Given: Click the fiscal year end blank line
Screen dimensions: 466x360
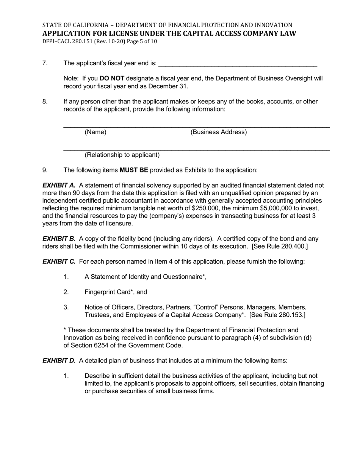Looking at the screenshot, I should pyautogui.click(x=238, y=64).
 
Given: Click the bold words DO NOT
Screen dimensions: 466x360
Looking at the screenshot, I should pyautogui.click(x=112, y=78).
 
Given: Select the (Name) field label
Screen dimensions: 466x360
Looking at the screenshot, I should pyautogui.click(x=95, y=132).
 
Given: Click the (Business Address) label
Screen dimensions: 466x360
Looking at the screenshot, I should pyautogui.click(x=219, y=132).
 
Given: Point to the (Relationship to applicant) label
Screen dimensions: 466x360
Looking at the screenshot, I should pyautogui.click(x=122, y=155).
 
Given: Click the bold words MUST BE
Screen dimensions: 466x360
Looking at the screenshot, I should pyautogui.click(x=134, y=170).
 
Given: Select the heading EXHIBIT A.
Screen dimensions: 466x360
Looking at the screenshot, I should pyautogui.click(x=59, y=185).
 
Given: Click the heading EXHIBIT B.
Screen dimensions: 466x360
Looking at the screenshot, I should pyautogui.click(x=59, y=239).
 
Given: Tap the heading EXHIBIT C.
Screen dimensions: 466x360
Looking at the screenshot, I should pyautogui.click(x=59, y=261).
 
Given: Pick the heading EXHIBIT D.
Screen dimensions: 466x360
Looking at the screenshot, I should pyautogui.click(x=59, y=360).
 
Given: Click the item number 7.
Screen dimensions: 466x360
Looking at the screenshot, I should pyautogui.click(x=45, y=63).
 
